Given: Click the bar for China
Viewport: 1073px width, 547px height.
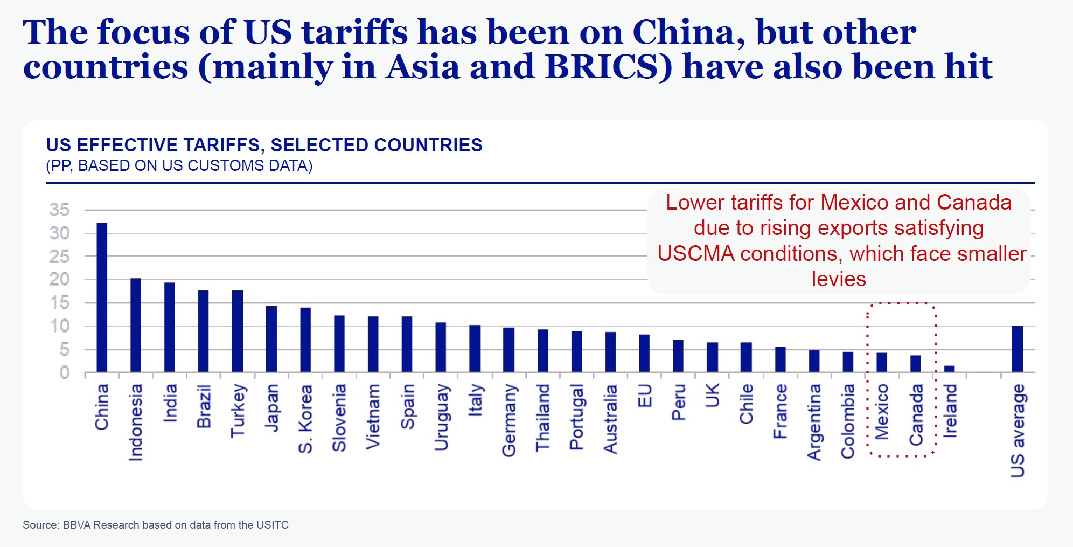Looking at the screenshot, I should click(x=102, y=297).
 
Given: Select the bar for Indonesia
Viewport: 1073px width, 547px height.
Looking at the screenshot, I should click(x=136, y=325).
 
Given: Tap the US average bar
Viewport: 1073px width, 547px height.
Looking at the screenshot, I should click(x=1017, y=349).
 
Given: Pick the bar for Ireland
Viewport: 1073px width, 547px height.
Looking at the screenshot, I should click(x=949, y=369).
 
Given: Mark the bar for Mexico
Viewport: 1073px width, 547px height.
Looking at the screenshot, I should click(x=882, y=362).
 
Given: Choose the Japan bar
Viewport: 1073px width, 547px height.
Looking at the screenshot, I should click(x=271, y=339).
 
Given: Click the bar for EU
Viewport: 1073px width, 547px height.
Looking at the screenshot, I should click(x=644, y=353).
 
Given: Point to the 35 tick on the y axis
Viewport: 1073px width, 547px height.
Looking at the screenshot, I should click(x=59, y=210).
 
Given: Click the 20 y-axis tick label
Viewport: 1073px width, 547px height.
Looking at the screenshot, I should click(x=59, y=279).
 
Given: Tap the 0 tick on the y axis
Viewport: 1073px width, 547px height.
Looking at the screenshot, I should click(x=65, y=372).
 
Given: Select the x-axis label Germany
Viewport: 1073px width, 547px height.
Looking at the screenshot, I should click(x=509, y=420).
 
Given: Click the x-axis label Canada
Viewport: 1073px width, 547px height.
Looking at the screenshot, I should click(x=916, y=415).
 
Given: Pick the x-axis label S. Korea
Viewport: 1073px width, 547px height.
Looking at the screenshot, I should click(x=305, y=419).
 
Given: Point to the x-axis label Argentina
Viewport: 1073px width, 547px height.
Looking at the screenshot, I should click(x=814, y=422).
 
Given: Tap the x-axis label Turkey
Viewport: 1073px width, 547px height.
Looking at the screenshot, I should click(x=238, y=411).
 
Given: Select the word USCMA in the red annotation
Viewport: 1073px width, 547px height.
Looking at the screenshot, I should click(x=696, y=254).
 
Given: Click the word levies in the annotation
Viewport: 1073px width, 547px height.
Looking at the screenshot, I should click(x=839, y=279).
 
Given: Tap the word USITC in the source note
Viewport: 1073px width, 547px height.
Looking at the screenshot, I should click(x=272, y=525).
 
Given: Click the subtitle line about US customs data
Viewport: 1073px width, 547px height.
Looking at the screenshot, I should click(x=179, y=165).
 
